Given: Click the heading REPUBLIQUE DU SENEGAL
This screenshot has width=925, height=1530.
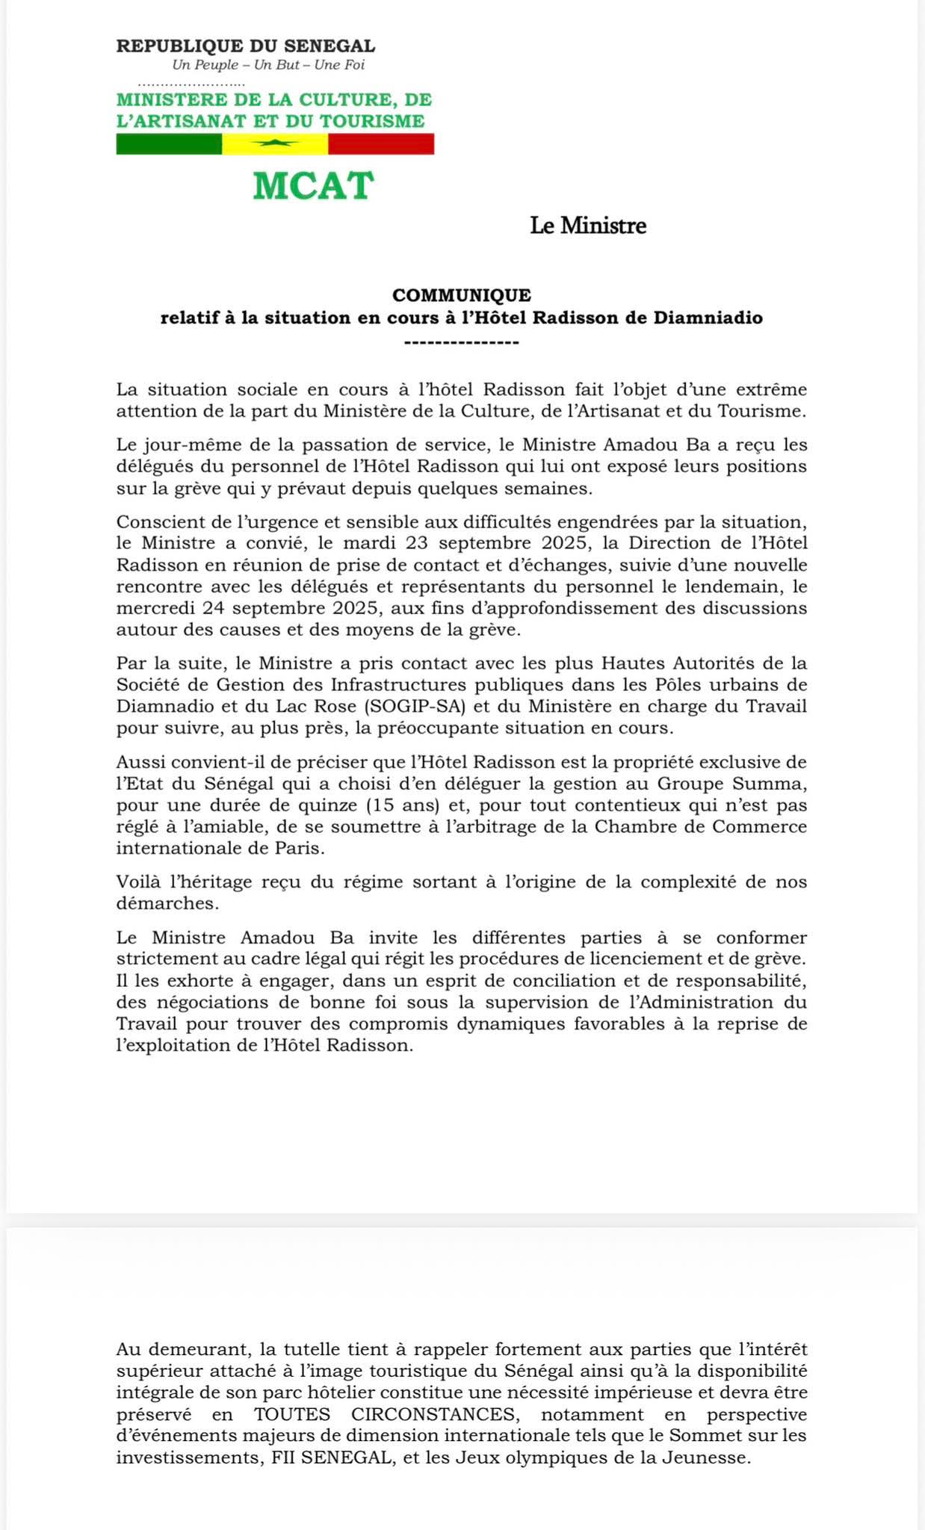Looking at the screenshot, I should pos(246,46).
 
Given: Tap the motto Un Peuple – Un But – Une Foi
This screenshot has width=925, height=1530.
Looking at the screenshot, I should pos(268,65).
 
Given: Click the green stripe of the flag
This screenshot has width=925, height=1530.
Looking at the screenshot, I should pos(169,144).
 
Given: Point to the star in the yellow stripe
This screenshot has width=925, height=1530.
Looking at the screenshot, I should pos(275,143).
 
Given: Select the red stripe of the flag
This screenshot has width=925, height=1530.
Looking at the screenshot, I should pos(381,144).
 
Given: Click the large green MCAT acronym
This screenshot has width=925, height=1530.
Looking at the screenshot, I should pos(313,186).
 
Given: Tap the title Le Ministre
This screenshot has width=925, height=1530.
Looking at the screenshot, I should pos(588,226).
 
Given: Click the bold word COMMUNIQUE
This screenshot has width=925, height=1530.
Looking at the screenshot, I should pos(462,296).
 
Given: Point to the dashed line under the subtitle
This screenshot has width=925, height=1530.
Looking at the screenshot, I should pos(461,342).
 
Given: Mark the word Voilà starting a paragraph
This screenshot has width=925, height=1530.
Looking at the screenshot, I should pos(138,882).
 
